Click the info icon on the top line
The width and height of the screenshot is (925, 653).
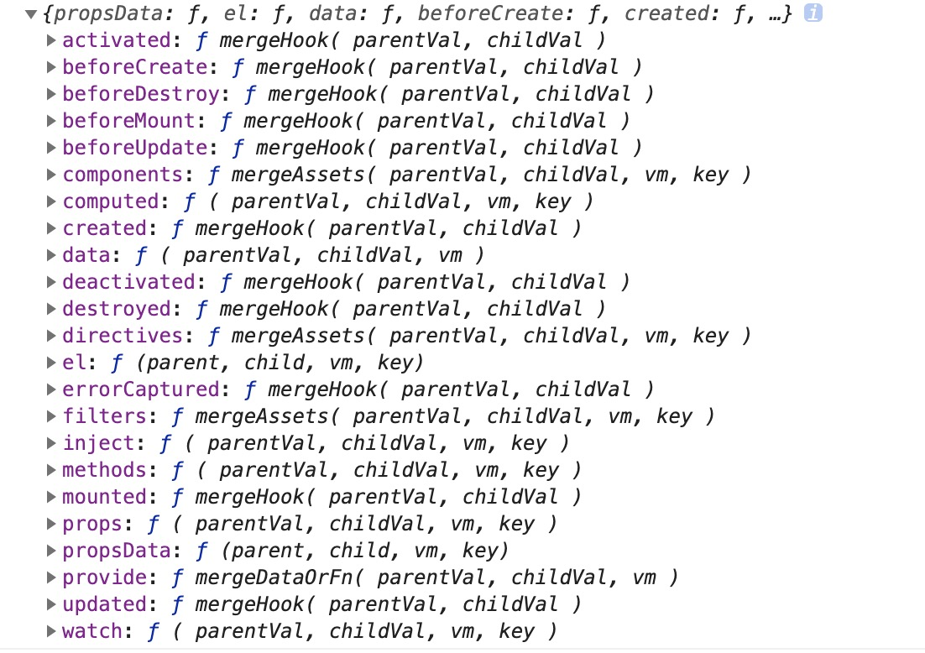[813, 13]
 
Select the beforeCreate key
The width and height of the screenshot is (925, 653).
[123, 67]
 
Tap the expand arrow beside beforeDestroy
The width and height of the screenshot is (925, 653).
[52, 94]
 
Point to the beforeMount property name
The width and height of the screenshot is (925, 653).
[117, 121]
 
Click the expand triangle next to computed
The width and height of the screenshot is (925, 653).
[52, 201]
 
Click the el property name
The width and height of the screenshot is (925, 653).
[74, 363]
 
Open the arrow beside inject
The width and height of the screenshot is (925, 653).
[52, 443]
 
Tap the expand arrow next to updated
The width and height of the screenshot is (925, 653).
[52, 604]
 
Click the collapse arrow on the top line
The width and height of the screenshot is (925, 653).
[31, 14]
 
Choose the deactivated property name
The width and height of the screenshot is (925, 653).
[128, 282]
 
